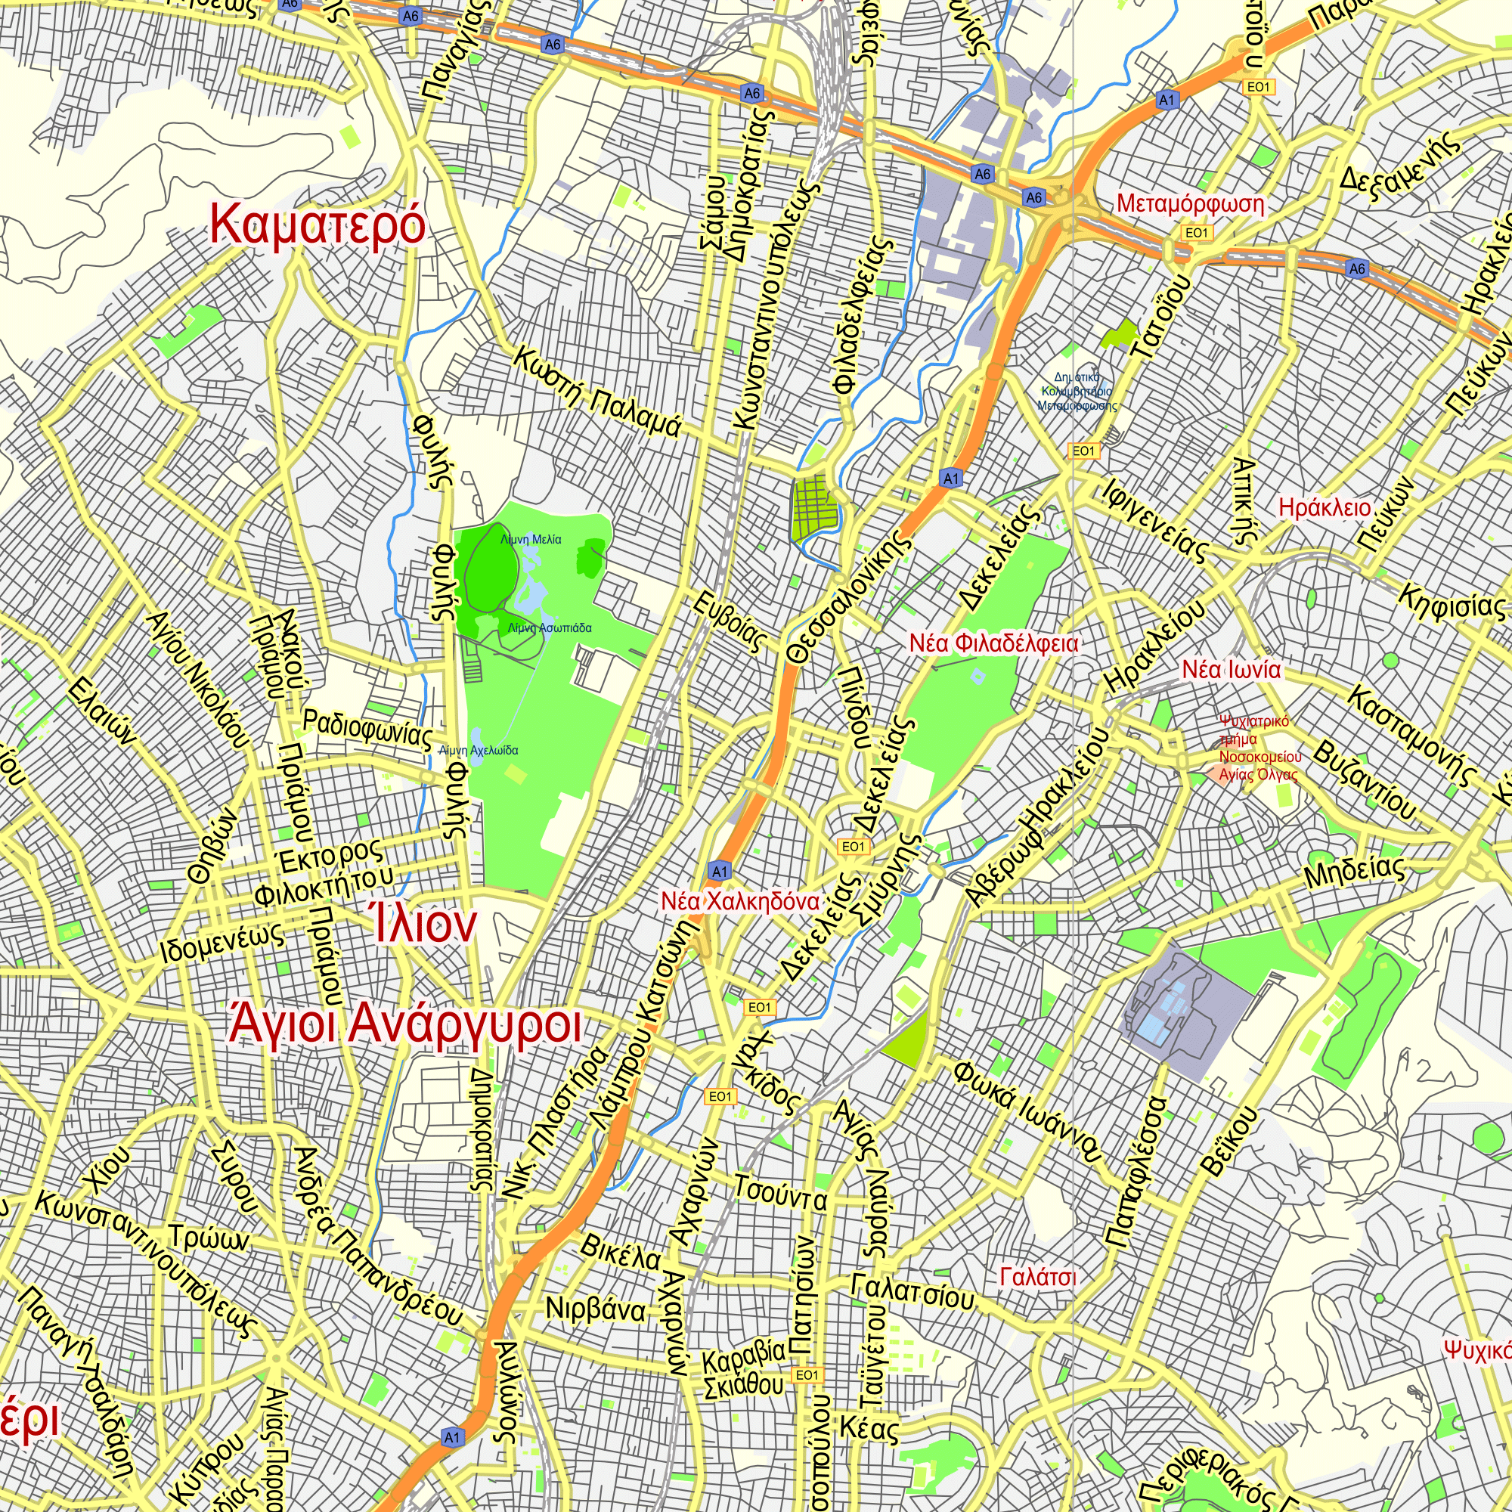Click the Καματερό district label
pyautogui.click(x=318, y=225)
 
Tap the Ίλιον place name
pyautogui.click(x=423, y=925)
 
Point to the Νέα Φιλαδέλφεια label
pyautogui.click(x=993, y=643)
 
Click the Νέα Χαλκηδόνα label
pyautogui.click(x=739, y=901)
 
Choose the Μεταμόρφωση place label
pyautogui.click(x=1189, y=204)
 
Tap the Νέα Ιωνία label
pyautogui.click(x=1231, y=670)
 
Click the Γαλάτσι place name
pyautogui.click(x=1038, y=1277)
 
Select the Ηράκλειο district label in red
pyautogui.click(x=1325, y=508)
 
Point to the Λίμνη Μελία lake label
pyautogui.click(x=531, y=539)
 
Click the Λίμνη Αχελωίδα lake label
pyautogui.click(x=479, y=750)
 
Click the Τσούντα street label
pyautogui.click(x=779, y=1194)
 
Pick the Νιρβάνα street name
pyautogui.click(x=596, y=1309)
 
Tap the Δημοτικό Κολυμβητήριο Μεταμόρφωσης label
pyautogui.click(x=1077, y=392)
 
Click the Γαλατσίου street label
pyautogui.click(x=912, y=1291)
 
